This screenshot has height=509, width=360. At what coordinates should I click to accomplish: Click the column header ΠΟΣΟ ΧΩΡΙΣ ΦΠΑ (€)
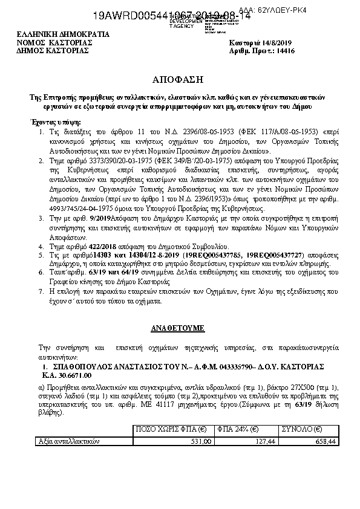pos(172,429)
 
